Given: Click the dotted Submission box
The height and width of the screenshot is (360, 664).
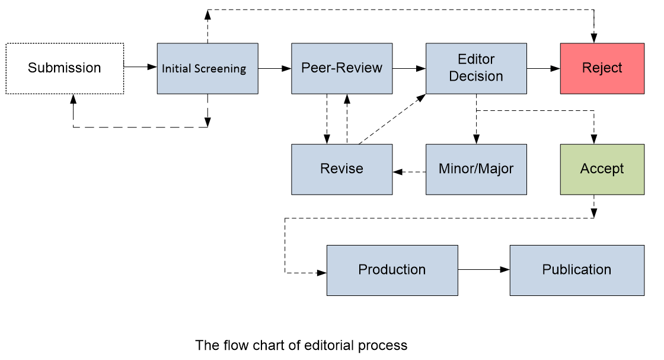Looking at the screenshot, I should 65,68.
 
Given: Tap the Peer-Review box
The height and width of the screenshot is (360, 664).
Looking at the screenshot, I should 341,68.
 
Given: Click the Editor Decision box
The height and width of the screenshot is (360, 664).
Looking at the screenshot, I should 476,68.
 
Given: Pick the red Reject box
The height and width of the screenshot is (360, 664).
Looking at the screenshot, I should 602,68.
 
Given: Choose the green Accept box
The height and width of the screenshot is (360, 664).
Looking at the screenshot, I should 602,169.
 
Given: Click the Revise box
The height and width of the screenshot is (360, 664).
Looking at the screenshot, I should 341,169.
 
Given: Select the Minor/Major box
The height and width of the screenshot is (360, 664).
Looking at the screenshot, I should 476,169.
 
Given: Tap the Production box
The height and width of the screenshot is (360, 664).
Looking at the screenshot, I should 392,270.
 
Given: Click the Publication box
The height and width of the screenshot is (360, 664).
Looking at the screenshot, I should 577,270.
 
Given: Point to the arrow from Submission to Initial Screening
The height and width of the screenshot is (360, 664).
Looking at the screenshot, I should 141,67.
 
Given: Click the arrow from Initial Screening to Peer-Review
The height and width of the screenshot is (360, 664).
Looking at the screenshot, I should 274,68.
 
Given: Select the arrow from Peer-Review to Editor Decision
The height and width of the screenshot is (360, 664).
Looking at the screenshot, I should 409,68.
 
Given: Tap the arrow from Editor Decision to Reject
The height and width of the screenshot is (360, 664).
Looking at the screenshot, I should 543,68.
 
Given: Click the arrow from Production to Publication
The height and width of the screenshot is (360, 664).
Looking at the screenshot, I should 484,270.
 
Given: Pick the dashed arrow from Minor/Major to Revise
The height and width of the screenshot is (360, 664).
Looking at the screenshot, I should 409,172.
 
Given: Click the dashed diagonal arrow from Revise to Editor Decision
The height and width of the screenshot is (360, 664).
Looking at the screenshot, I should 391,118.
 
